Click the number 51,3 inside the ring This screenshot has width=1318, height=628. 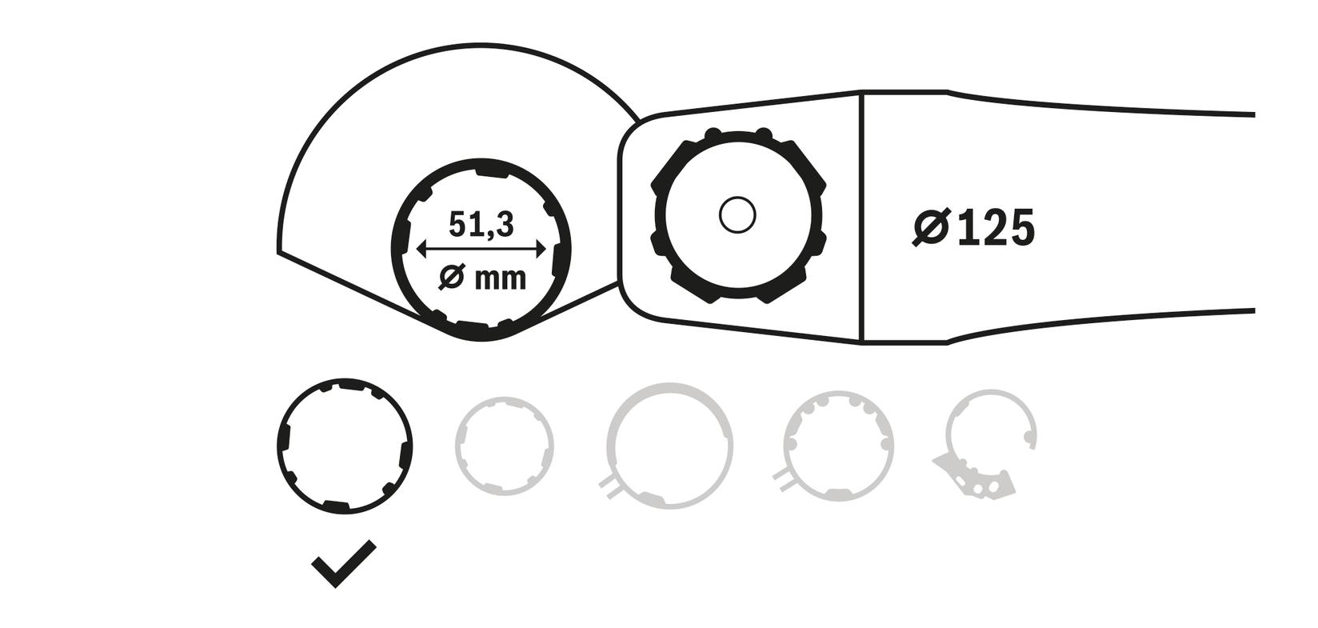(481, 225)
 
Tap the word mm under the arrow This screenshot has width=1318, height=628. (501, 279)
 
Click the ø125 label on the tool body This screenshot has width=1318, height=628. (973, 228)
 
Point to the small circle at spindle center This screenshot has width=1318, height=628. (737, 215)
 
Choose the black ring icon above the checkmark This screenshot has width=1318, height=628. (344, 446)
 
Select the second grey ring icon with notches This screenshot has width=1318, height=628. (504, 445)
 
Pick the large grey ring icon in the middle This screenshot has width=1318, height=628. (669, 445)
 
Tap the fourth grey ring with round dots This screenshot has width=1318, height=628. (837, 446)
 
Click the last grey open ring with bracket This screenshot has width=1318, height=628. (990, 432)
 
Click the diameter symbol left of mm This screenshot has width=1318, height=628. (452, 278)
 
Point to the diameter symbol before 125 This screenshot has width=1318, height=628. (931, 228)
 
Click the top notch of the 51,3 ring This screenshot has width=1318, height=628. (490, 172)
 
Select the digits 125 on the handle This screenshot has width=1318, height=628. (995, 228)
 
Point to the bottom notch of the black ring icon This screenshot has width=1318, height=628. (335, 505)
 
